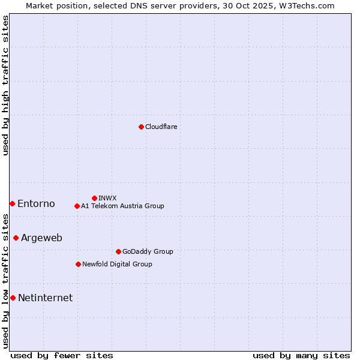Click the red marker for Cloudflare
(141, 127)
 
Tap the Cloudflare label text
(161, 127)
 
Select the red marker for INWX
(94, 198)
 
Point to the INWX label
(107, 198)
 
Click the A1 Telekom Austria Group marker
(77, 206)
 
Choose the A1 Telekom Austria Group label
(122, 206)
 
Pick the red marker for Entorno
(12, 204)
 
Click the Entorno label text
(36, 204)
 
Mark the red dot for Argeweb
(16, 238)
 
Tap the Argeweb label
(41, 238)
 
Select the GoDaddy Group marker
(118, 251)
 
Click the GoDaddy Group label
(147, 251)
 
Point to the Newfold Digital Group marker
(78, 264)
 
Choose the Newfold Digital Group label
(117, 264)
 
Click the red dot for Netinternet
(13, 298)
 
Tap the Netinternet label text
(45, 298)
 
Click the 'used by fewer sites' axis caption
(62, 355)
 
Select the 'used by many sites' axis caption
(301, 355)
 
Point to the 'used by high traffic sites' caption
(5, 85)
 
